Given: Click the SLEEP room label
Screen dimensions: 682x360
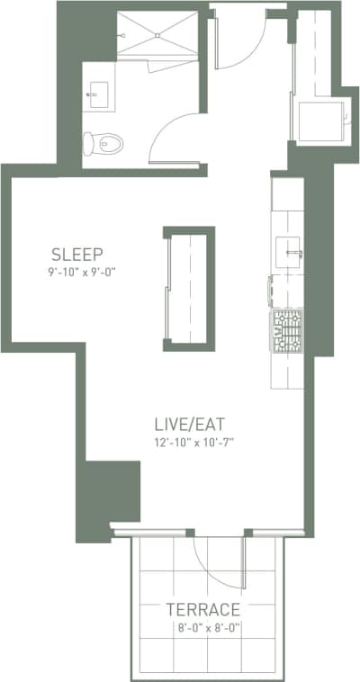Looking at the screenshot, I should coord(76,253).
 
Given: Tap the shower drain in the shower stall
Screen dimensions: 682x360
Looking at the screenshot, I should coord(161,35).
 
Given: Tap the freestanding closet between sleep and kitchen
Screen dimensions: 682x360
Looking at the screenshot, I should coord(189,288).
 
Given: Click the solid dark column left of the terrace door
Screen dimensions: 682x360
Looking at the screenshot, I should coord(112,492).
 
